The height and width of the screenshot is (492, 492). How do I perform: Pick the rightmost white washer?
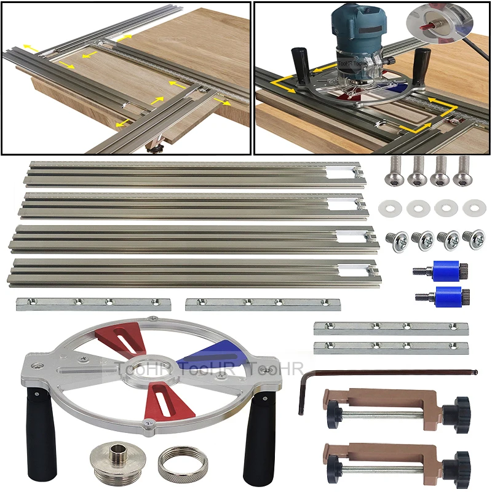tap(474, 208)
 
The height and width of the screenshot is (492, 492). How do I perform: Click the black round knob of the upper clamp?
tap(458, 407)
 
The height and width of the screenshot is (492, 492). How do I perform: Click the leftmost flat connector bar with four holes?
tap(93, 303)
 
